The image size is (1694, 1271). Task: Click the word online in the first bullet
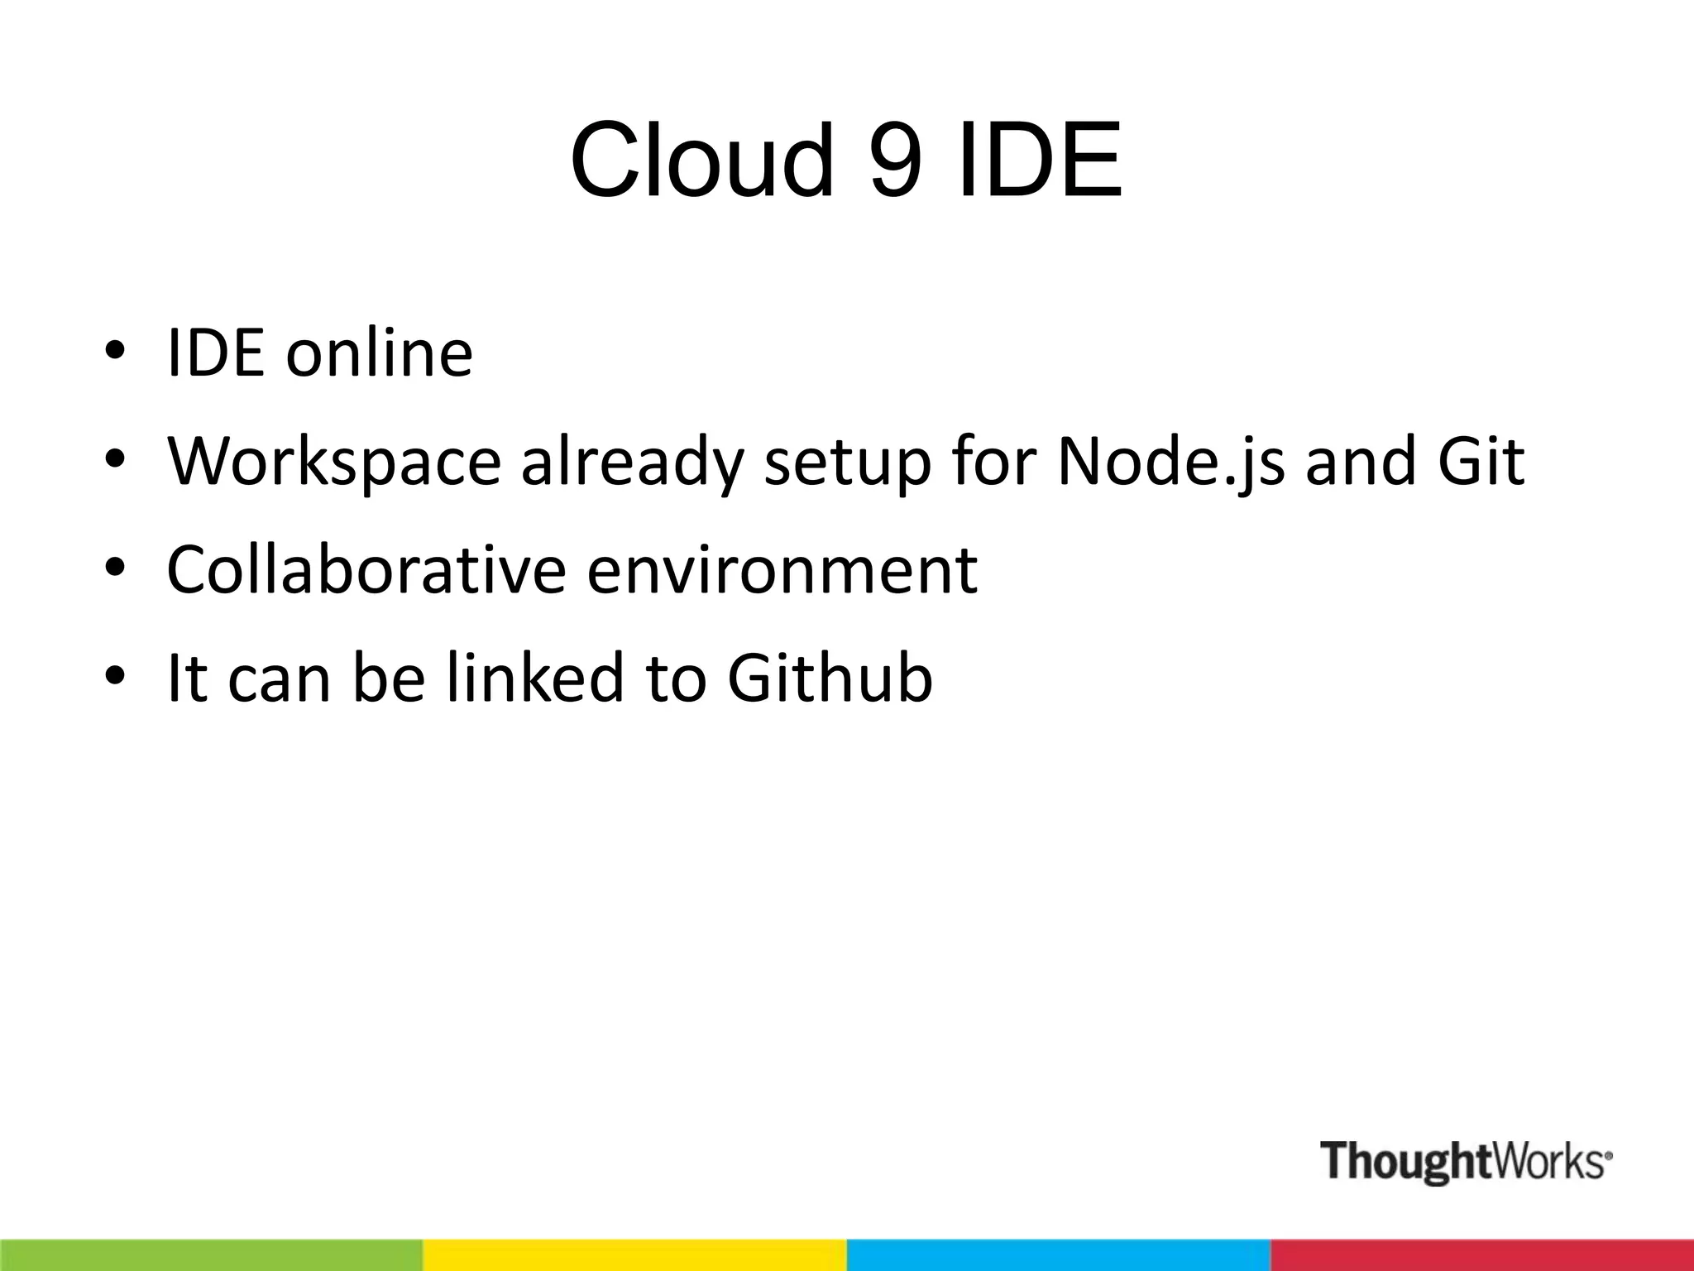coord(379,353)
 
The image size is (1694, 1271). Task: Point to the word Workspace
coord(334,462)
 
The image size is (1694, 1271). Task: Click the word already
coord(632,462)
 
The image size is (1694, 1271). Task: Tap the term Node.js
coord(1170,462)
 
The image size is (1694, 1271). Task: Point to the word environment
coord(782,571)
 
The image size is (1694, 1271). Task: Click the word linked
coord(534,678)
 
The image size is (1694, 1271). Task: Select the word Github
coord(830,678)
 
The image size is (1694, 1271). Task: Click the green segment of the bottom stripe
coord(211,1255)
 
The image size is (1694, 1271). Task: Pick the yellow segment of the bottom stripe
coord(634,1255)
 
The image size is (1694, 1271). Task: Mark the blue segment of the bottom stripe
coord(1058,1255)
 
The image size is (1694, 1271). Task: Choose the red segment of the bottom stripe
coord(1481,1255)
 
